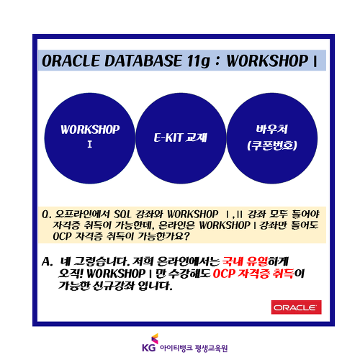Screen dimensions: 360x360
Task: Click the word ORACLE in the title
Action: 71,60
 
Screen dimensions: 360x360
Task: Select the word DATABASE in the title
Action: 143,60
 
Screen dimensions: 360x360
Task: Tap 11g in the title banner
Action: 198,61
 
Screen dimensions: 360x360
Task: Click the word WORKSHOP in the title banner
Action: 267,60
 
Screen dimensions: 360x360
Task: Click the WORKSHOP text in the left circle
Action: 90,130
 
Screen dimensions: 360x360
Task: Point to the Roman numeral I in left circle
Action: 90,144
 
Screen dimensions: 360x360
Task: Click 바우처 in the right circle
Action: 272,129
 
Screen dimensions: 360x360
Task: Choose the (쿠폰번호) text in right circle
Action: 272,145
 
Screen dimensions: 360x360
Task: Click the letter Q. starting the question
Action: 46,214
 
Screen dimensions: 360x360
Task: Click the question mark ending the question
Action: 186,236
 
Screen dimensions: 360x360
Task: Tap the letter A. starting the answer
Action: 47,261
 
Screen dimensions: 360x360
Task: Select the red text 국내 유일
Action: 245,261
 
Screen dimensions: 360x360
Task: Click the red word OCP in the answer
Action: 223,274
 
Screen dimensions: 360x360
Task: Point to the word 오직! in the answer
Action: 71,274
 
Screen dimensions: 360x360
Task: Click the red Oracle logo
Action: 296,307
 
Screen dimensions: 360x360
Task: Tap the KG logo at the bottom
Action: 150,343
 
